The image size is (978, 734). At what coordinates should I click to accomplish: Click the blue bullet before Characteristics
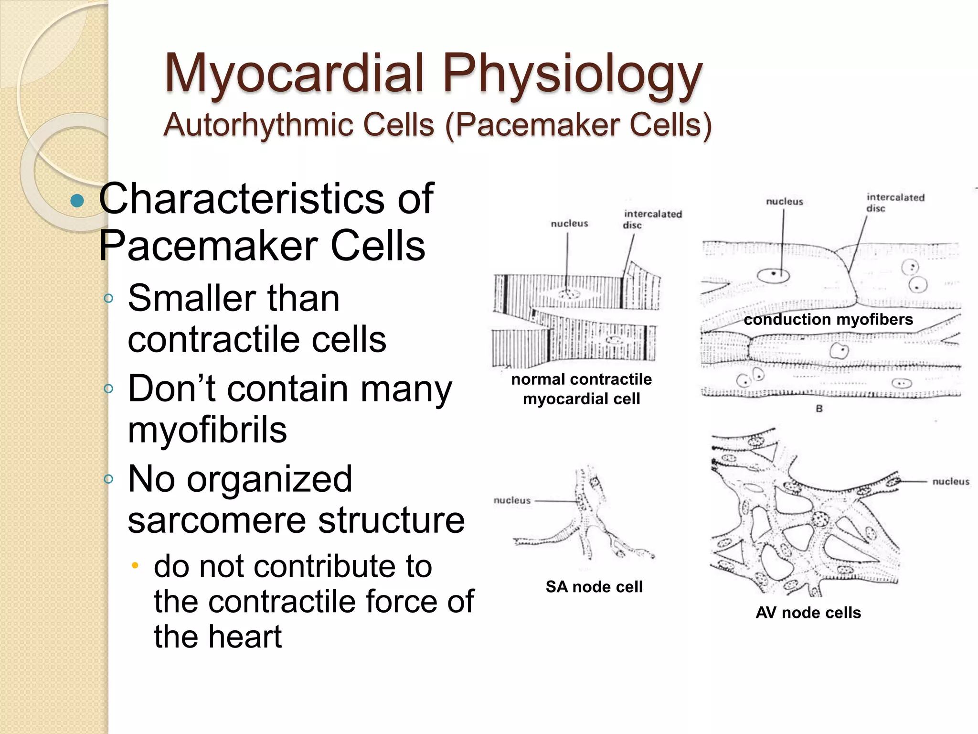tap(77, 201)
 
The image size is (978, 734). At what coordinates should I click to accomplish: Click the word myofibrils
tap(207, 430)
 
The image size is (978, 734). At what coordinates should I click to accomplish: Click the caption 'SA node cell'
tap(594, 586)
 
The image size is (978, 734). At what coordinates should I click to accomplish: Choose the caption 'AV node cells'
tap(808, 613)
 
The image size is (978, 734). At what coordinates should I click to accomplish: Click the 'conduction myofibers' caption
tap(828, 319)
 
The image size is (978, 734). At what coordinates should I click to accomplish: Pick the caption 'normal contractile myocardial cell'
tap(581, 389)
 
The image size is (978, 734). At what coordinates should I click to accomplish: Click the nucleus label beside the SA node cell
tap(512, 500)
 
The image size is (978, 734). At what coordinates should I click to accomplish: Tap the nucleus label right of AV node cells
tap(951, 482)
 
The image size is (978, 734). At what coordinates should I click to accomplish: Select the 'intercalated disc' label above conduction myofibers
tap(895, 203)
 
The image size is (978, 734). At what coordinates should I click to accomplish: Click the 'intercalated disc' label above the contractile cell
tap(652, 219)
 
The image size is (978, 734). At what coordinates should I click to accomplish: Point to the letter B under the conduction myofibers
tap(819, 409)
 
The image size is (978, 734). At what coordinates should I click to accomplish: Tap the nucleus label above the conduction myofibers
tap(784, 202)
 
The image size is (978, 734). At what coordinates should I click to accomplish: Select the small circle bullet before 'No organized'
tap(109, 479)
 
